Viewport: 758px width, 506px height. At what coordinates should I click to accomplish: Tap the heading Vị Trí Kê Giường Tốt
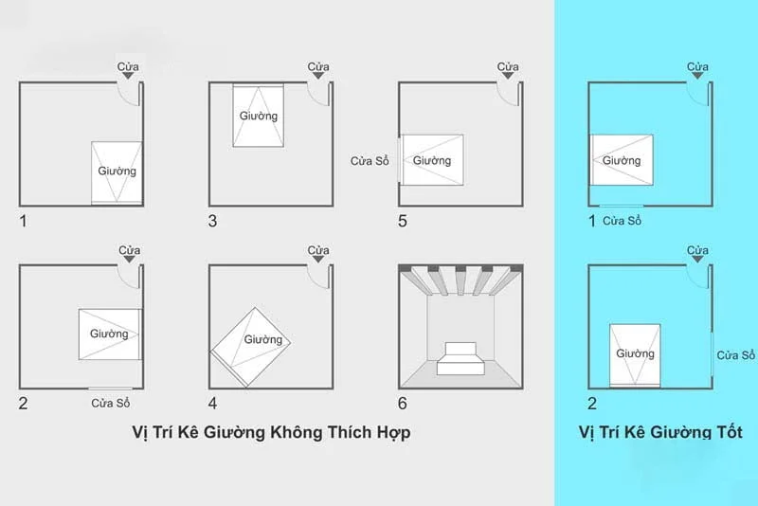tap(659, 432)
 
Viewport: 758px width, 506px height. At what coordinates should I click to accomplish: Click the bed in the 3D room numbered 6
tap(460, 359)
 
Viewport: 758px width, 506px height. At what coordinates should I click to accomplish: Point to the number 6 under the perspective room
tap(403, 404)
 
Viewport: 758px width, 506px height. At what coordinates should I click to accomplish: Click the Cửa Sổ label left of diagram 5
tap(370, 160)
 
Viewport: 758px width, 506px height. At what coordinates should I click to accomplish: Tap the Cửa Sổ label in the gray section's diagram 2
tap(110, 404)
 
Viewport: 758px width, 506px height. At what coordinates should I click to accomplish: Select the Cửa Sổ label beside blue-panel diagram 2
tap(735, 355)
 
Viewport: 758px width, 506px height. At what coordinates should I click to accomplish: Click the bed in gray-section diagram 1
tap(117, 172)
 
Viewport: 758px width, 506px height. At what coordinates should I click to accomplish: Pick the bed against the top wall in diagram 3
tap(259, 116)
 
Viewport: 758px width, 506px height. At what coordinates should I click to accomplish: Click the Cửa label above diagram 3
tap(319, 67)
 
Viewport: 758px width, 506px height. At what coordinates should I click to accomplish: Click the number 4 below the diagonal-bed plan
tap(213, 404)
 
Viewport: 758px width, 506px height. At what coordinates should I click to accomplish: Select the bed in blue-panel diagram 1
tap(622, 159)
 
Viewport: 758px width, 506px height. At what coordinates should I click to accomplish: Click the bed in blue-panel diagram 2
tap(634, 354)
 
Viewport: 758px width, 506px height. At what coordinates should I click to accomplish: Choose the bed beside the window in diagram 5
tap(432, 159)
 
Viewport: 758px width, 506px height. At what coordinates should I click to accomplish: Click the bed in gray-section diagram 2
tap(109, 334)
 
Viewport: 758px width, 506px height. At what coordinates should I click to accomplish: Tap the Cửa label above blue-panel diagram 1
tap(698, 67)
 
